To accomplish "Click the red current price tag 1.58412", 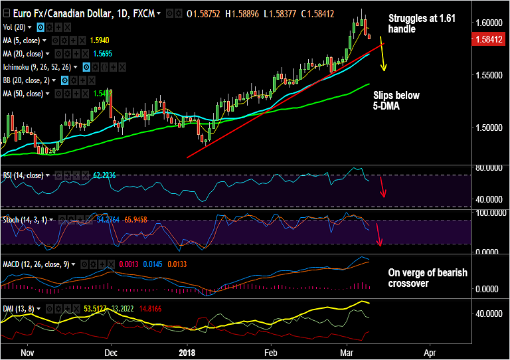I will (489, 40).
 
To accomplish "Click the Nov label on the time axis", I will (27, 353).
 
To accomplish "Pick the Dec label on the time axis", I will (111, 353).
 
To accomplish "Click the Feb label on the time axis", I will (270, 353).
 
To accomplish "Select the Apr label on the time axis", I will (430, 353).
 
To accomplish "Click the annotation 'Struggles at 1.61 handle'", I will (411, 24).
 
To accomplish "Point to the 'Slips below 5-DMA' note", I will (396, 100).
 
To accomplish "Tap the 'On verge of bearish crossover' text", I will (428, 278).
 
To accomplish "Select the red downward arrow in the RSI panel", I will (382, 187).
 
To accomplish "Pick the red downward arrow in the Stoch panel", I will (379, 235).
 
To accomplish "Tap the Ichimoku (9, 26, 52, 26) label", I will (39, 67).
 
